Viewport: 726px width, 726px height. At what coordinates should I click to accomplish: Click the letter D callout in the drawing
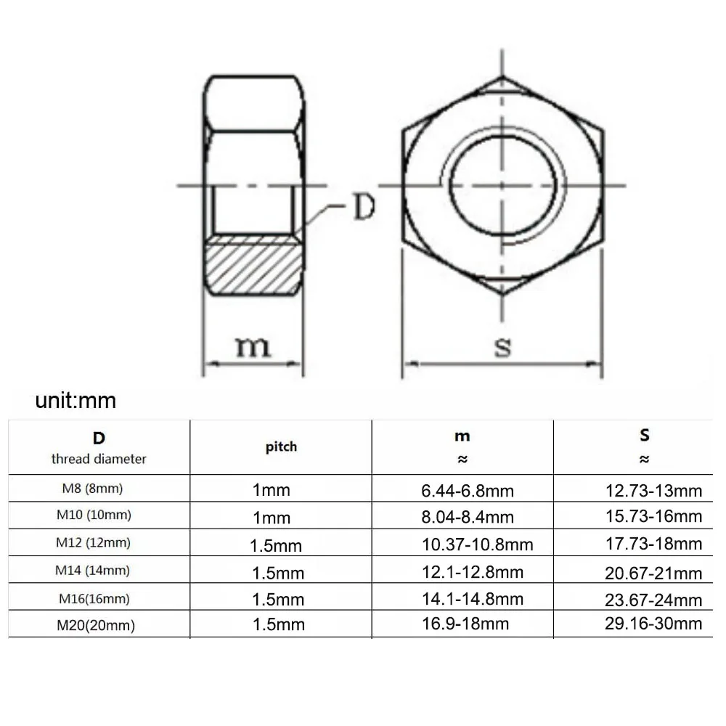362,208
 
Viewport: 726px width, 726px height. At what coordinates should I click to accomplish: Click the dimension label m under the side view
252,346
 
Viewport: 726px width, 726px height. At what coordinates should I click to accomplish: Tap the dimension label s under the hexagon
502,346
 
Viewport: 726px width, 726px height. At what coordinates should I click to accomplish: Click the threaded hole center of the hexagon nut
502,185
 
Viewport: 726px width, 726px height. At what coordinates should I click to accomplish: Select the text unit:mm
76,400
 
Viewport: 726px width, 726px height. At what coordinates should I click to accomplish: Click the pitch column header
281,446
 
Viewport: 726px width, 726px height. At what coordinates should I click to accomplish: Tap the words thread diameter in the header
99,459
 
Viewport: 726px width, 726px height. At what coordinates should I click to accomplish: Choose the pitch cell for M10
272,518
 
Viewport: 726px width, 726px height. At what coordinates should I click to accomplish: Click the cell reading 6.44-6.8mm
468,491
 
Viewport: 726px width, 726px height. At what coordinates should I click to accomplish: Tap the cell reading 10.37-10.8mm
477,544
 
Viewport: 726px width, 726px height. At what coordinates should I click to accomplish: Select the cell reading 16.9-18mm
465,624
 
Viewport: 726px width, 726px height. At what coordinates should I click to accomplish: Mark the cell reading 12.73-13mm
653,491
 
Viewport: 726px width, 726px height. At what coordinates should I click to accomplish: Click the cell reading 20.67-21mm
653,573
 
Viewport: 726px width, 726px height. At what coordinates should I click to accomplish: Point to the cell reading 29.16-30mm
653,624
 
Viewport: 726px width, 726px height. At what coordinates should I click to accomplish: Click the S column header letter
645,435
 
